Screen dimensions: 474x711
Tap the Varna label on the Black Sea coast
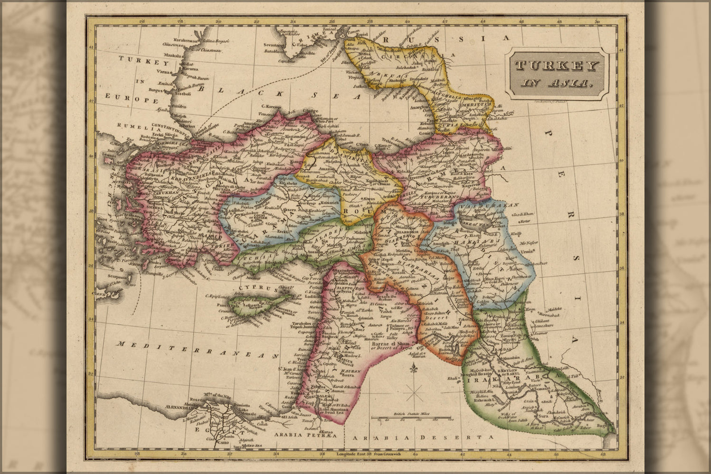click(x=165, y=72)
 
